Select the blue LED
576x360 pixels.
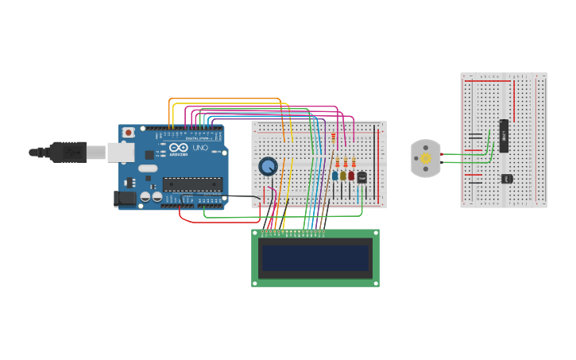point(335,176)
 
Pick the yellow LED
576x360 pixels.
point(343,176)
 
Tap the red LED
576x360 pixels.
point(351,176)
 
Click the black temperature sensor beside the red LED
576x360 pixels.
point(361,177)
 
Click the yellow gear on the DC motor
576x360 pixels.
point(426,158)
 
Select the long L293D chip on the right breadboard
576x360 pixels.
point(504,136)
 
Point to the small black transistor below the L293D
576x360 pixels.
point(506,178)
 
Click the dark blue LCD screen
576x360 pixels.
point(315,258)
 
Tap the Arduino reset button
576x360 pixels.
point(128,133)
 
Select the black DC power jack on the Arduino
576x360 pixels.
point(124,199)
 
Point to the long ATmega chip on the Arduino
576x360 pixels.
point(192,184)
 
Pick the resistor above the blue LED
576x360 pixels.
point(337,162)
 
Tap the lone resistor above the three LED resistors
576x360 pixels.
point(333,138)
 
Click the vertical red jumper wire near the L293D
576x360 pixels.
point(514,99)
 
